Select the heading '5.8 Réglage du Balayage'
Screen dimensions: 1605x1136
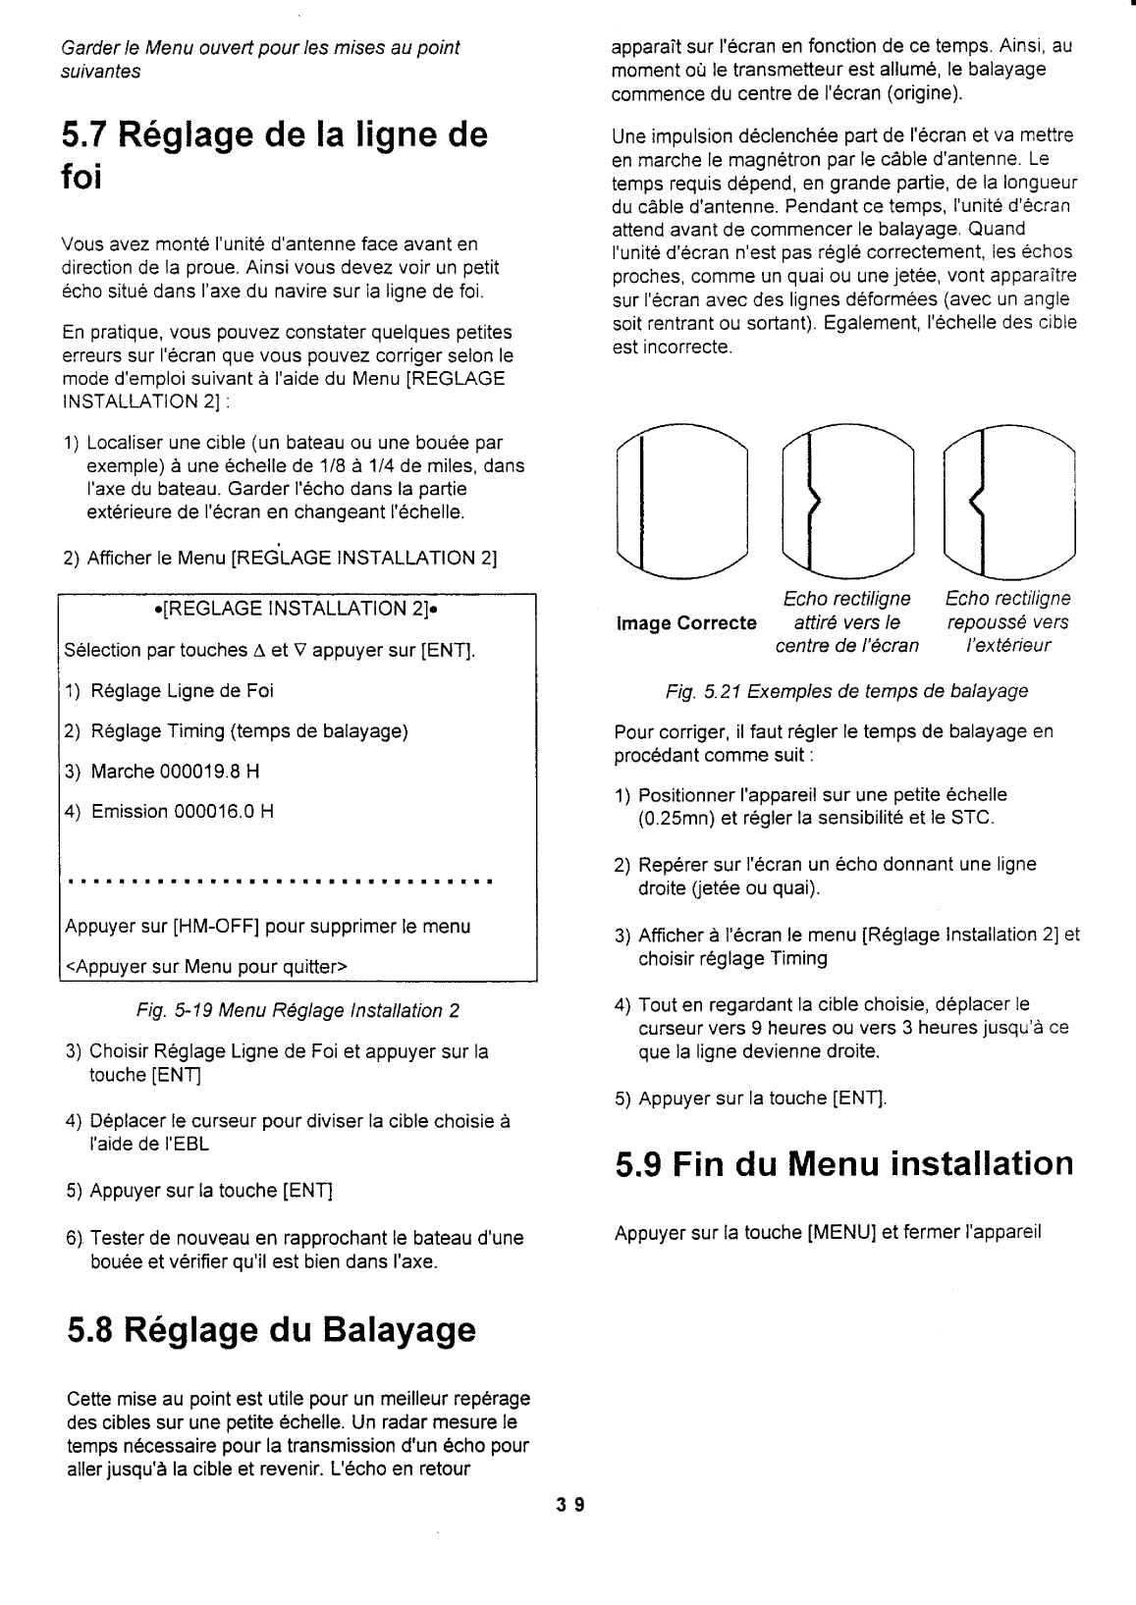pos(272,1329)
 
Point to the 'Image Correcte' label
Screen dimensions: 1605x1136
pos(686,623)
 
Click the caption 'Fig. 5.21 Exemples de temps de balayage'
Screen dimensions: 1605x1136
pos(846,692)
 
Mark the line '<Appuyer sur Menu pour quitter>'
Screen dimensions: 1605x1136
pos(205,967)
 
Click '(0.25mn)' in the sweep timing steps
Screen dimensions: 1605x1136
pos(675,818)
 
